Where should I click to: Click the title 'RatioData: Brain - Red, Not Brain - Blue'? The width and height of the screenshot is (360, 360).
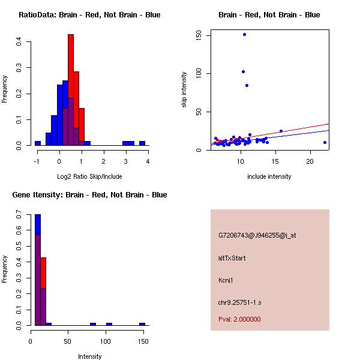coord(89,15)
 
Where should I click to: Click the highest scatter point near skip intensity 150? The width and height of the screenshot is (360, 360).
coord(244,34)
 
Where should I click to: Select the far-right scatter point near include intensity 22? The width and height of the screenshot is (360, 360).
coord(325,142)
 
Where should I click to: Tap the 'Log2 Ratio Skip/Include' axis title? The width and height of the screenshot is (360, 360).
coord(89,176)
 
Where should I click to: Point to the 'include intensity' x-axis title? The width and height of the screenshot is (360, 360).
coord(269,176)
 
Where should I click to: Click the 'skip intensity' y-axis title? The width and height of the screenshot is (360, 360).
coord(184,90)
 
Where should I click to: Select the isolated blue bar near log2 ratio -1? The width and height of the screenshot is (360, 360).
coord(37,143)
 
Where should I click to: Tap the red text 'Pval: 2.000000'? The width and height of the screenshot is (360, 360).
coord(239,319)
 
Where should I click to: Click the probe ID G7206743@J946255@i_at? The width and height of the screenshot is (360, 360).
coord(257,236)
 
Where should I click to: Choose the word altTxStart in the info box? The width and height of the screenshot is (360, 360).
coord(232,258)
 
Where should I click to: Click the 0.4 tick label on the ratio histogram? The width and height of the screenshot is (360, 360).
coord(19,41)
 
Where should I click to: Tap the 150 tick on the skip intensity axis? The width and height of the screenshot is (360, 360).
coord(199,35)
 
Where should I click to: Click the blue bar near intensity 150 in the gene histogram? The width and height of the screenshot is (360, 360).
coord(142,324)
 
